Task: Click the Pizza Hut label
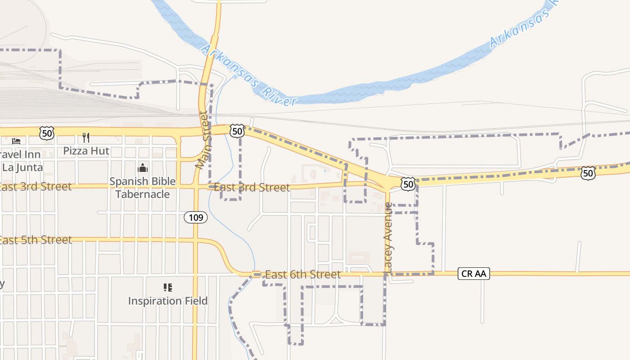(x=86, y=151)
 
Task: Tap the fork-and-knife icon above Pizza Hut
(x=86, y=137)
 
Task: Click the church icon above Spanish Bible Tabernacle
(x=143, y=168)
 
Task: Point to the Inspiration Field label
(x=168, y=301)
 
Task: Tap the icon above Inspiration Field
(x=168, y=287)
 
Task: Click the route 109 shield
(x=196, y=218)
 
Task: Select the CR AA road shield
(x=474, y=273)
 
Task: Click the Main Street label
(x=204, y=140)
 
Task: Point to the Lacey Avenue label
(x=388, y=237)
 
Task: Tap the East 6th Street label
(x=303, y=274)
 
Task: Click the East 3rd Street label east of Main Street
(x=252, y=187)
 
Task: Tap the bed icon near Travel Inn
(x=16, y=141)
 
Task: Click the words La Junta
(x=22, y=167)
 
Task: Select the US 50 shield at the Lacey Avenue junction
(x=408, y=183)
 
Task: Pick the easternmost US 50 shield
(x=587, y=173)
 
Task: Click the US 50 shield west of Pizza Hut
(x=47, y=133)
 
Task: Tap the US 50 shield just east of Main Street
(x=237, y=131)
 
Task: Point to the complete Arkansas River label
(x=249, y=75)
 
